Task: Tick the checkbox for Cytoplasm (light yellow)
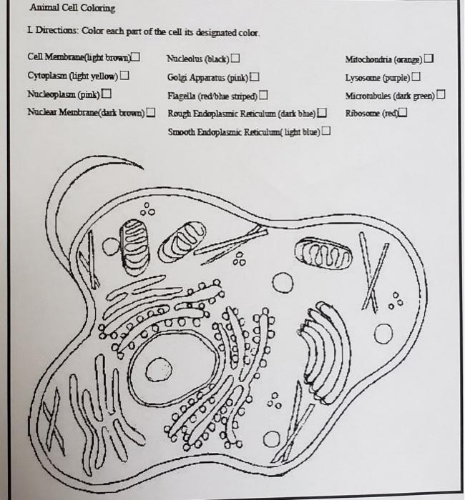point(125,76)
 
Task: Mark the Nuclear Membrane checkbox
point(151,112)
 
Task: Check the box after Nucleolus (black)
point(235,58)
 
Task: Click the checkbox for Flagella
point(263,94)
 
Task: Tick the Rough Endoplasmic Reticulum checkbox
point(323,113)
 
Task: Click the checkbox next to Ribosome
point(404,112)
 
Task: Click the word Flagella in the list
point(183,95)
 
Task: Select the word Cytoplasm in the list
point(46,76)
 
